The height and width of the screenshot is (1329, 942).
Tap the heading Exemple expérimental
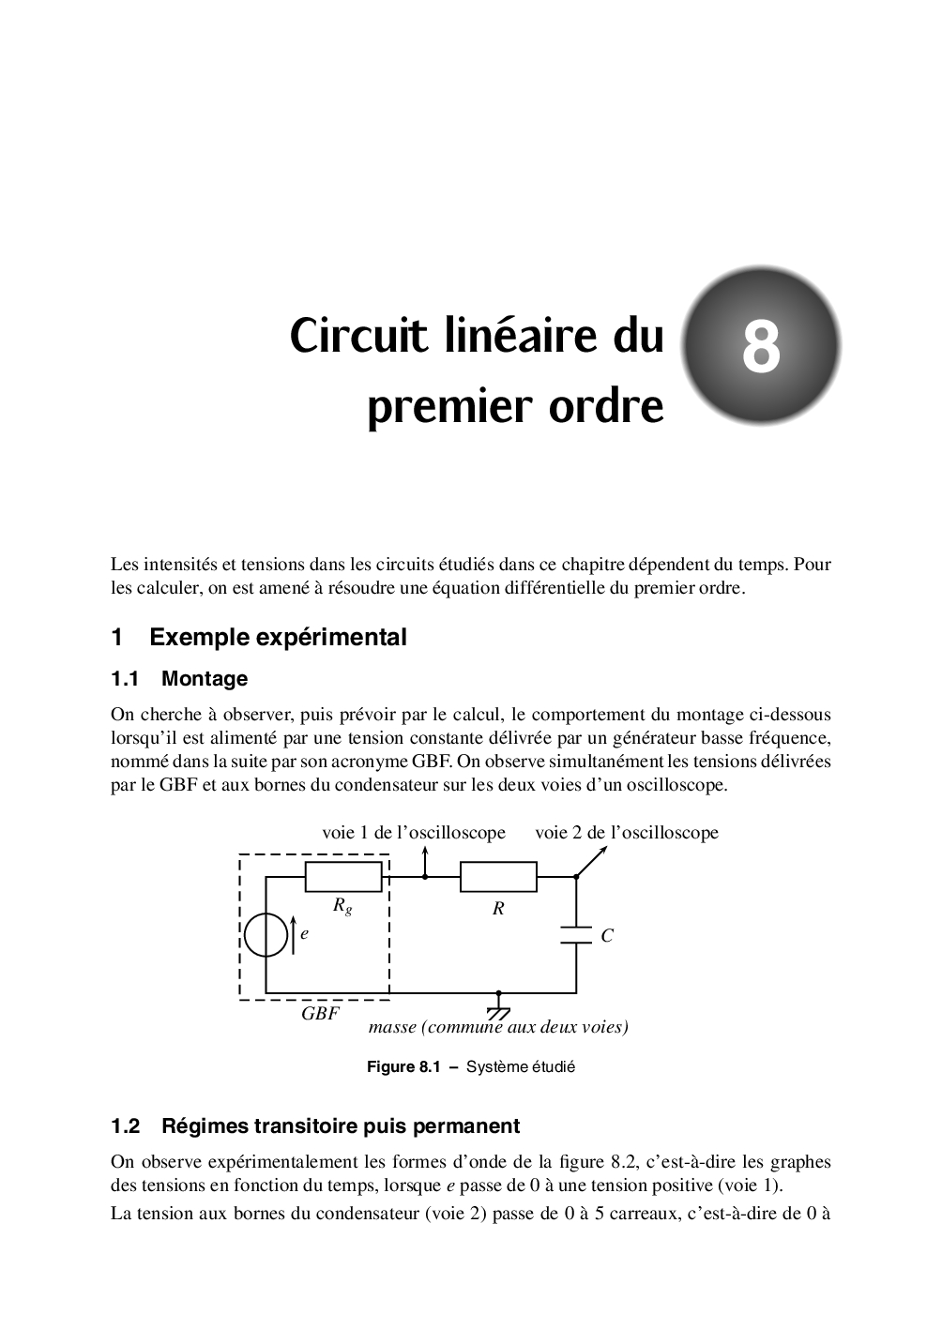tap(278, 638)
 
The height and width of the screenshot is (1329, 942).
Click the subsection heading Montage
tap(205, 678)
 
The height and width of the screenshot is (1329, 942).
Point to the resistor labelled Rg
tap(343, 877)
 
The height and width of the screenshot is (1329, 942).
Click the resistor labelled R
tap(498, 877)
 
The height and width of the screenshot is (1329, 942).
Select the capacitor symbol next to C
tap(575, 935)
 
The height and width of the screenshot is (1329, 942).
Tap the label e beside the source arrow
tap(305, 934)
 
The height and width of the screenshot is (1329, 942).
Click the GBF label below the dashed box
tap(320, 1014)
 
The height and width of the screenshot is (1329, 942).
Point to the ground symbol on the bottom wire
tap(498, 1011)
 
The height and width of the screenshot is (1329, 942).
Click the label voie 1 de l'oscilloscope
tap(414, 833)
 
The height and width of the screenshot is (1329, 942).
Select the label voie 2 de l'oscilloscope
tap(627, 833)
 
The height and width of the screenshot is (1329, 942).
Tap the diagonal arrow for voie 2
tap(592, 861)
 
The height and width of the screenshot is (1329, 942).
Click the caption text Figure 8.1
tap(403, 1067)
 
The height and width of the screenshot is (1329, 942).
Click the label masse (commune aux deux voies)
tap(498, 1027)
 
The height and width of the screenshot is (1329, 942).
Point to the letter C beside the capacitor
tap(607, 935)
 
